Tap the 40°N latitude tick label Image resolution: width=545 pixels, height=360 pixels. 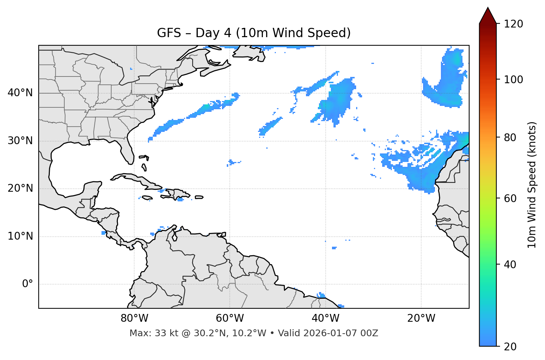20,93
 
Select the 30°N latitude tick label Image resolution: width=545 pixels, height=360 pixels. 20,141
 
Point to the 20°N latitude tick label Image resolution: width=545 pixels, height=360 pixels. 20,188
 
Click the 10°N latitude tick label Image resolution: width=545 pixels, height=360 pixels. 20,236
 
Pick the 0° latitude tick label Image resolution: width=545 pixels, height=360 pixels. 28,284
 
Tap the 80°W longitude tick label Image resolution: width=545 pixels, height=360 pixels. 134,318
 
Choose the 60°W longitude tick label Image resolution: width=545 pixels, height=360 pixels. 230,318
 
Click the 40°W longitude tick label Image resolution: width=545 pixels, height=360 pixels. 325,318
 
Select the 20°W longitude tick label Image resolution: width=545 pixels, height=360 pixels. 421,318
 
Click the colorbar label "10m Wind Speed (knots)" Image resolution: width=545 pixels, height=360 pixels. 532,185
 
